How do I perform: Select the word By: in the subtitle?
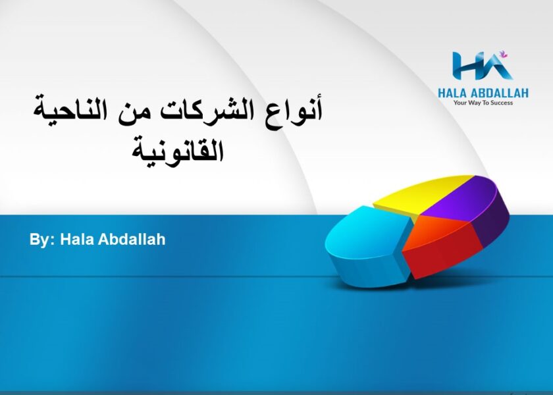click(42, 240)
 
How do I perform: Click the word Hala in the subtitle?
click(77, 239)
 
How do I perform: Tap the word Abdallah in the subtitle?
click(132, 239)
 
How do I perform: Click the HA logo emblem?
click(482, 66)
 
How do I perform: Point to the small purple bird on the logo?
click(503, 54)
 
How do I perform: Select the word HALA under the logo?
click(452, 93)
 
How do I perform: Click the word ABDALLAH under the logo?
click(500, 93)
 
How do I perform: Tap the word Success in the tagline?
click(502, 103)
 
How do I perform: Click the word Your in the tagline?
click(460, 103)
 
